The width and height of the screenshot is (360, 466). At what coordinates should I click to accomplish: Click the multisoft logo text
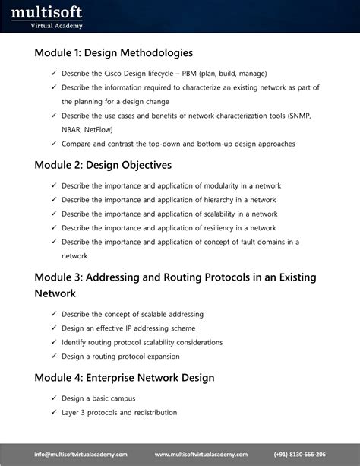[x=46, y=11]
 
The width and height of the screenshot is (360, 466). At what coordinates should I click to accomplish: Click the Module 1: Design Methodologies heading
[x=114, y=53]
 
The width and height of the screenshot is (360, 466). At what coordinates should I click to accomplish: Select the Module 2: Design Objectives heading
[x=103, y=165]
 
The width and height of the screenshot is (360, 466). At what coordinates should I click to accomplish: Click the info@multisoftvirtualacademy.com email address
[x=85, y=454]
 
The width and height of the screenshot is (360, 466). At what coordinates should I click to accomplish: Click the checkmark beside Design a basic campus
[x=54, y=399]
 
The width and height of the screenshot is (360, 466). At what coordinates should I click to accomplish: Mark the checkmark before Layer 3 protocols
[x=54, y=413]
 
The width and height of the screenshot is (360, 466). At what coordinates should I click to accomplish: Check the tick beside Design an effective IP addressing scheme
[x=54, y=328]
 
